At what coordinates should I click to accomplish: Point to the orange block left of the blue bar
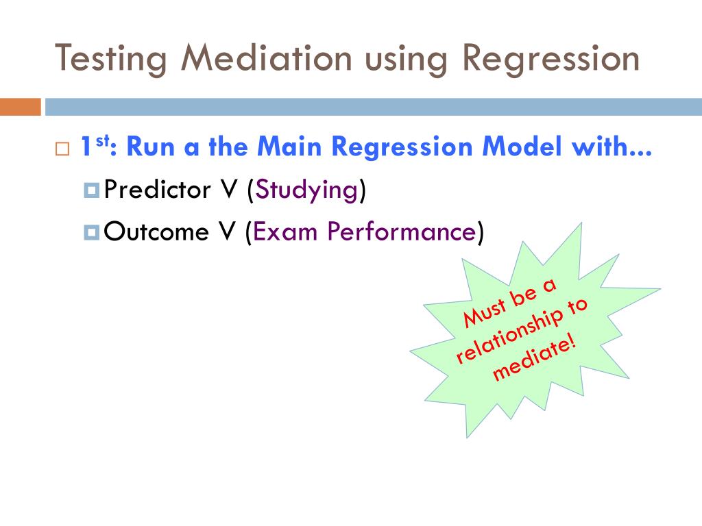coord(20,107)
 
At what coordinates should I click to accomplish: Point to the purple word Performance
coord(400,232)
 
